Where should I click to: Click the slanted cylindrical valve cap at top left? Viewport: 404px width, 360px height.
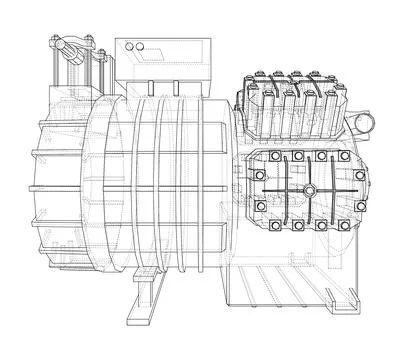click(67, 47)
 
